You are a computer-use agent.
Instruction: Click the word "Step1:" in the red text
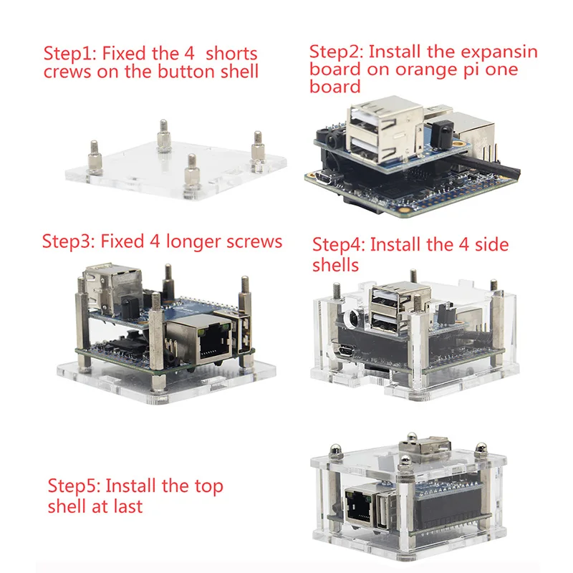pos(69,54)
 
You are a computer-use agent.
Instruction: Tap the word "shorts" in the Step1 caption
pos(231,53)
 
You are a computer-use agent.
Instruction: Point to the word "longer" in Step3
pos(193,242)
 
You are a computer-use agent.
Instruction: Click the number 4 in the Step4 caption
pos(463,244)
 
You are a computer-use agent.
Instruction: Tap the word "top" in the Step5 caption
pos(208,487)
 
